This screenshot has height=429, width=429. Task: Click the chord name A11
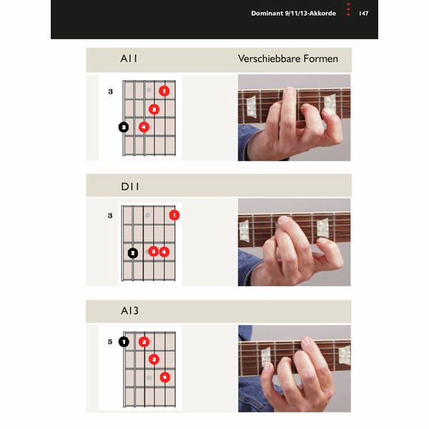tap(129, 59)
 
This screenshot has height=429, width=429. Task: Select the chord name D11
tap(129, 187)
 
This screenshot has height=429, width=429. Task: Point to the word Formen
tap(319, 59)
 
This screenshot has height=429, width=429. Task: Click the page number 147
tap(363, 14)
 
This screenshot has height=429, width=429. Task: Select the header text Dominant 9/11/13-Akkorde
tap(295, 14)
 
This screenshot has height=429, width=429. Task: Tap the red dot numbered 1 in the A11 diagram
tap(164, 91)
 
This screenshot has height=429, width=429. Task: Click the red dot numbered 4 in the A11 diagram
tap(144, 127)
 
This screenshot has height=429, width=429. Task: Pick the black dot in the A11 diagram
tap(124, 127)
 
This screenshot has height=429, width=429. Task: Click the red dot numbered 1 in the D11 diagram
tap(174, 214)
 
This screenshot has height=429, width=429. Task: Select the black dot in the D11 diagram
tap(133, 252)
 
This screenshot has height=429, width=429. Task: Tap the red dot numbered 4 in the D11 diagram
tap(164, 252)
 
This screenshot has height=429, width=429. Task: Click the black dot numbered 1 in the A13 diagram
tap(124, 342)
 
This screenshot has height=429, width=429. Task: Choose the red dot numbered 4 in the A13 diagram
tap(164, 377)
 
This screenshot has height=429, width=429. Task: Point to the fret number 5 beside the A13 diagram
tap(110, 342)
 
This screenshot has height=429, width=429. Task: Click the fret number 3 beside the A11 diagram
tap(110, 92)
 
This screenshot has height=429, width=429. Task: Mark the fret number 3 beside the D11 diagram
tap(110, 214)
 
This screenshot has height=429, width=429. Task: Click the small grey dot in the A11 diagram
tap(149, 91)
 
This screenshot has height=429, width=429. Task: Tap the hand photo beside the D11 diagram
tap(294, 242)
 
